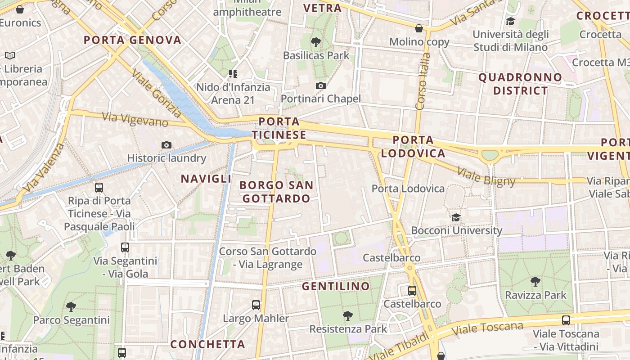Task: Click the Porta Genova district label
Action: [x=132, y=40]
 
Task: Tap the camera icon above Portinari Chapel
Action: [x=320, y=85]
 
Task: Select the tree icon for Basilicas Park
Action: [x=316, y=43]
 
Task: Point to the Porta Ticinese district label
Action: [x=279, y=128]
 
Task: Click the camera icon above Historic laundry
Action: [x=166, y=145]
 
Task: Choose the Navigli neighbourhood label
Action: [x=206, y=179]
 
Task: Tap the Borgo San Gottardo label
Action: [x=276, y=192]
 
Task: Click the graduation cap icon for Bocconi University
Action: [x=456, y=218]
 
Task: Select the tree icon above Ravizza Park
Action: [x=535, y=282]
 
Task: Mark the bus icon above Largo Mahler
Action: [x=256, y=305]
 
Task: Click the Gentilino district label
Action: [x=336, y=286]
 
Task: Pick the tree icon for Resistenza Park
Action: [x=347, y=316]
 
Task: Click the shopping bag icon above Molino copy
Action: [x=419, y=29]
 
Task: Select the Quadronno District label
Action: [x=520, y=84]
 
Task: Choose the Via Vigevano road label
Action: [x=135, y=120]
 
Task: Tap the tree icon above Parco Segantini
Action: [x=71, y=307]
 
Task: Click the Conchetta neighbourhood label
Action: [x=207, y=344]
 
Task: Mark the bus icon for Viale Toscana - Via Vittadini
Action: [x=566, y=320]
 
